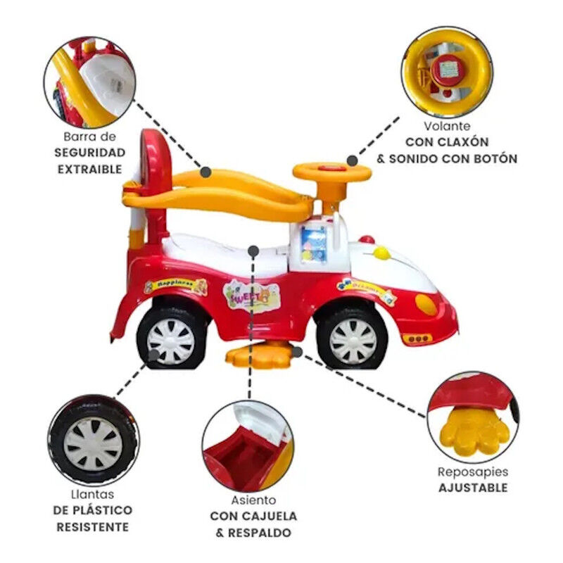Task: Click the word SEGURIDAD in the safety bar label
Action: point(90,153)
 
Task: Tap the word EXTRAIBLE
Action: point(90,169)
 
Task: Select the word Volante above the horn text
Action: point(447,126)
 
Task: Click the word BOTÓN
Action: point(494,158)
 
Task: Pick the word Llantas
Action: point(92,495)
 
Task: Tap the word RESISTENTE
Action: point(93,527)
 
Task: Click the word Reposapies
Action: point(473,472)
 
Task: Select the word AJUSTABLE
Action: point(473,488)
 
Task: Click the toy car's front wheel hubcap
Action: point(353,341)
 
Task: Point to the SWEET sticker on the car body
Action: point(251,296)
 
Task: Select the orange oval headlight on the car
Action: point(426,305)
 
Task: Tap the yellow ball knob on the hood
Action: point(381,253)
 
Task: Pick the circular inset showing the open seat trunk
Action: point(248,446)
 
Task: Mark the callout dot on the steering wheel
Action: point(353,161)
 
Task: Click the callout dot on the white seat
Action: point(253,251)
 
